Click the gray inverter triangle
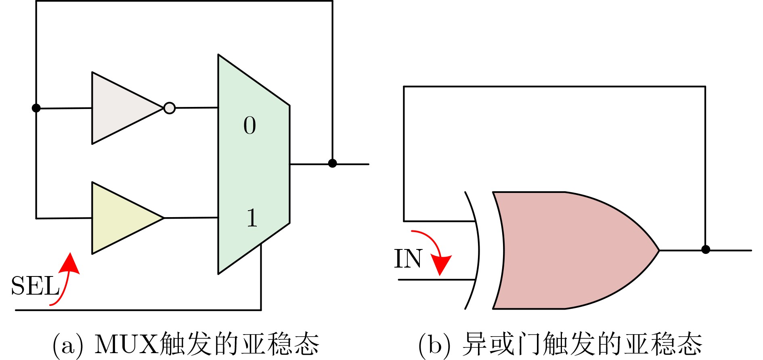(x=121, y=108)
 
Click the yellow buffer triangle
(x=121, y=218)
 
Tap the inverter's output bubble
(x=170, y=108)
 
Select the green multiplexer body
(x=254, y=164)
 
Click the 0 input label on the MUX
(x=250, y=125)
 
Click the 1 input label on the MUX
(x=252, y=218)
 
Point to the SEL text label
(x=35, y=286)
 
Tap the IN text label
(x=408, y=259)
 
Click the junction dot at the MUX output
(x=332, y=163)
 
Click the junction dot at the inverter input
(x=36, y=108)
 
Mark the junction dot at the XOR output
(x=706, y=249)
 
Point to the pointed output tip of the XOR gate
(x=659, y=250)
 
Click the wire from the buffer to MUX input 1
(x=191, y=218)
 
